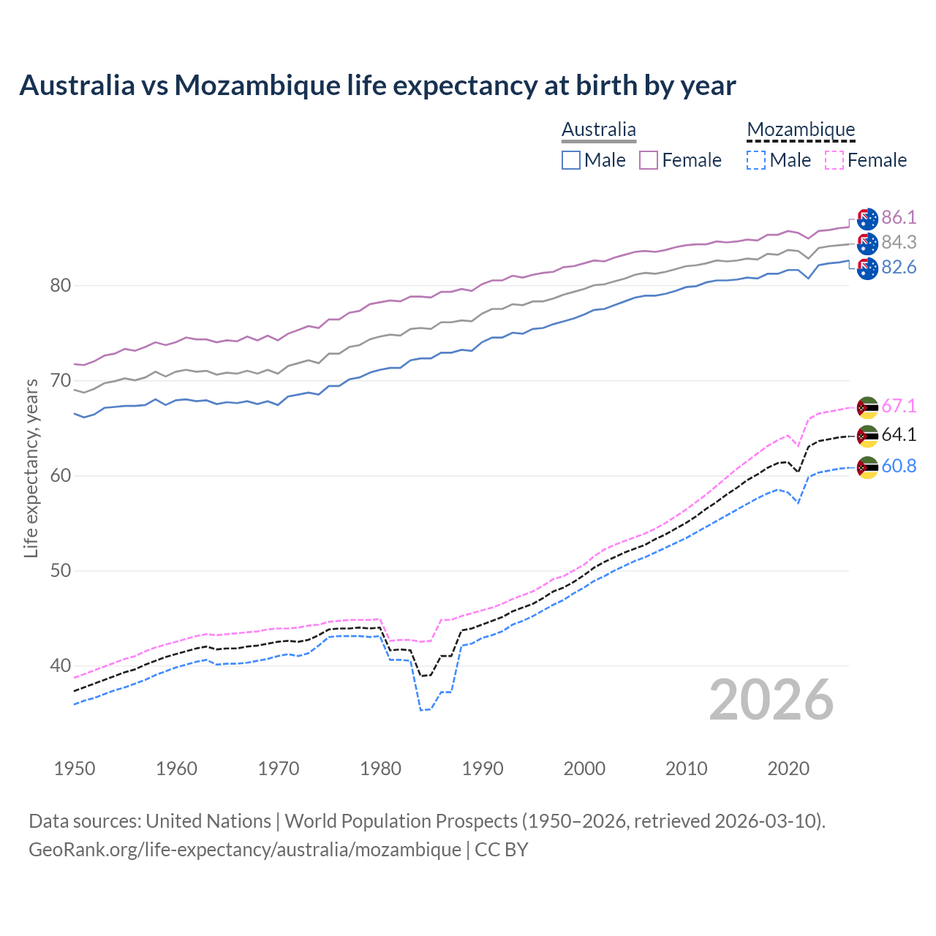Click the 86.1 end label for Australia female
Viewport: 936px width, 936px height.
tap(898, 217)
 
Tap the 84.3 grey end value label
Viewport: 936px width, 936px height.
tap(898, 242)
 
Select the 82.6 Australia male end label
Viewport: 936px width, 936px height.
tap(898, 268)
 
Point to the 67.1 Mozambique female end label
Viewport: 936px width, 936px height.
tap(898, 406)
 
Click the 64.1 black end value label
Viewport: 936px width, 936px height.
tap(898, 434)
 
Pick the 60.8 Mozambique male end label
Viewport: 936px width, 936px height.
tap(898, 466)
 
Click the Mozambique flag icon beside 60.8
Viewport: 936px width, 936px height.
tap(867, 467)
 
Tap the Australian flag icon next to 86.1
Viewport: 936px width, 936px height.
tap(867, 219)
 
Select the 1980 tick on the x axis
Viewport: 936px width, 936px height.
tap(380, 769)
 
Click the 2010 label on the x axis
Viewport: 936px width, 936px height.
tap(686, 769)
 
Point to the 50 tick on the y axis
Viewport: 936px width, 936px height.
tap(61, 570)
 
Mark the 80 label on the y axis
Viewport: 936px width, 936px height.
tap(61, 285)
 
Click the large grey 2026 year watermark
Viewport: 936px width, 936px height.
tap(771, 700)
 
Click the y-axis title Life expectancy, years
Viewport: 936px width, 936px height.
tap(31, 468)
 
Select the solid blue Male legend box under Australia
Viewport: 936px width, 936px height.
tap(571, 160)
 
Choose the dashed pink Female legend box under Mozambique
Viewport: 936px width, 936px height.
tap(834, 160)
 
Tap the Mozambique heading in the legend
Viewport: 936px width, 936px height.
tap(801, 129)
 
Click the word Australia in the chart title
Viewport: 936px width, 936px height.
tap(77, 86)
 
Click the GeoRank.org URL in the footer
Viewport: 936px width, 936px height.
tap(245, 850)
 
